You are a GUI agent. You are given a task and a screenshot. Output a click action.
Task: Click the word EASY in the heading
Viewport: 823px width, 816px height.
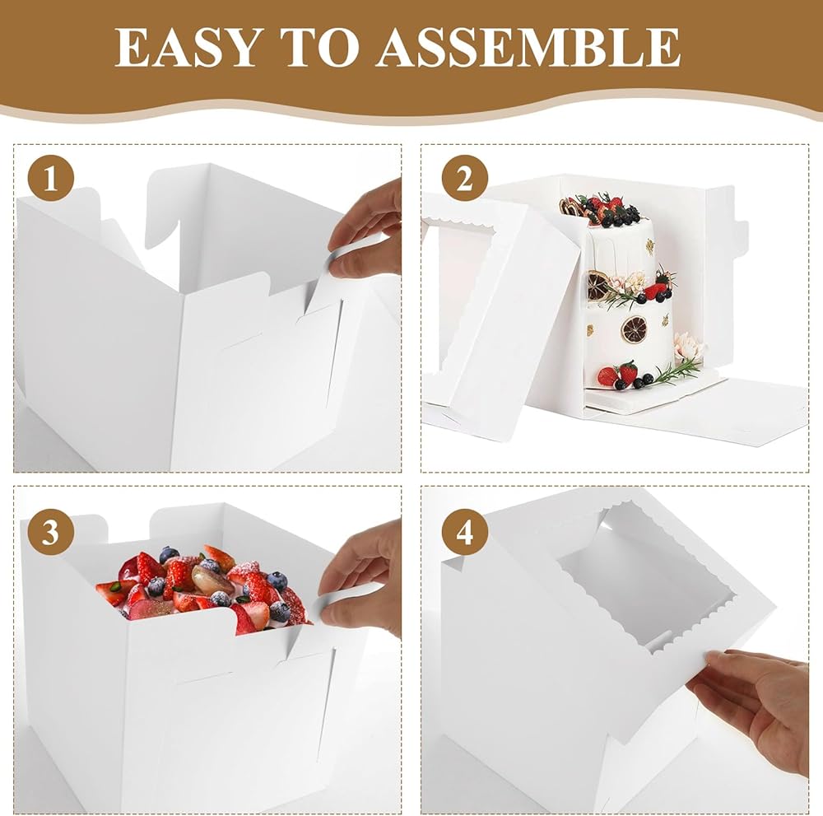coord(186,47)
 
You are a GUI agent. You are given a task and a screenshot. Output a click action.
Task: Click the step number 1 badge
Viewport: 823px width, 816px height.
coord(50,180)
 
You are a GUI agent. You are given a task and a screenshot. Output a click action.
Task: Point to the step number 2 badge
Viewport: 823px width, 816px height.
coord(465,180)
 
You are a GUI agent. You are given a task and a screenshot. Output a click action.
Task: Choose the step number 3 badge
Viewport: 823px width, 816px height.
coord(50,533)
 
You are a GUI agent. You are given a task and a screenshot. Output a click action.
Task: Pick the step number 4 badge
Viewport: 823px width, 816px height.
coord(465,533)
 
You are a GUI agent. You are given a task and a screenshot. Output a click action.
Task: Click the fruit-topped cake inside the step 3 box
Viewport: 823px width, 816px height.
coord(205,588)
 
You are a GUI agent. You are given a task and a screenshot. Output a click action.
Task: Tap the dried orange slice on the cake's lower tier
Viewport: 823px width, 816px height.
coord(633,329)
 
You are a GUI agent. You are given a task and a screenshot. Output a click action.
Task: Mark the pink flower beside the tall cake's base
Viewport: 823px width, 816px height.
coord(687,344)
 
